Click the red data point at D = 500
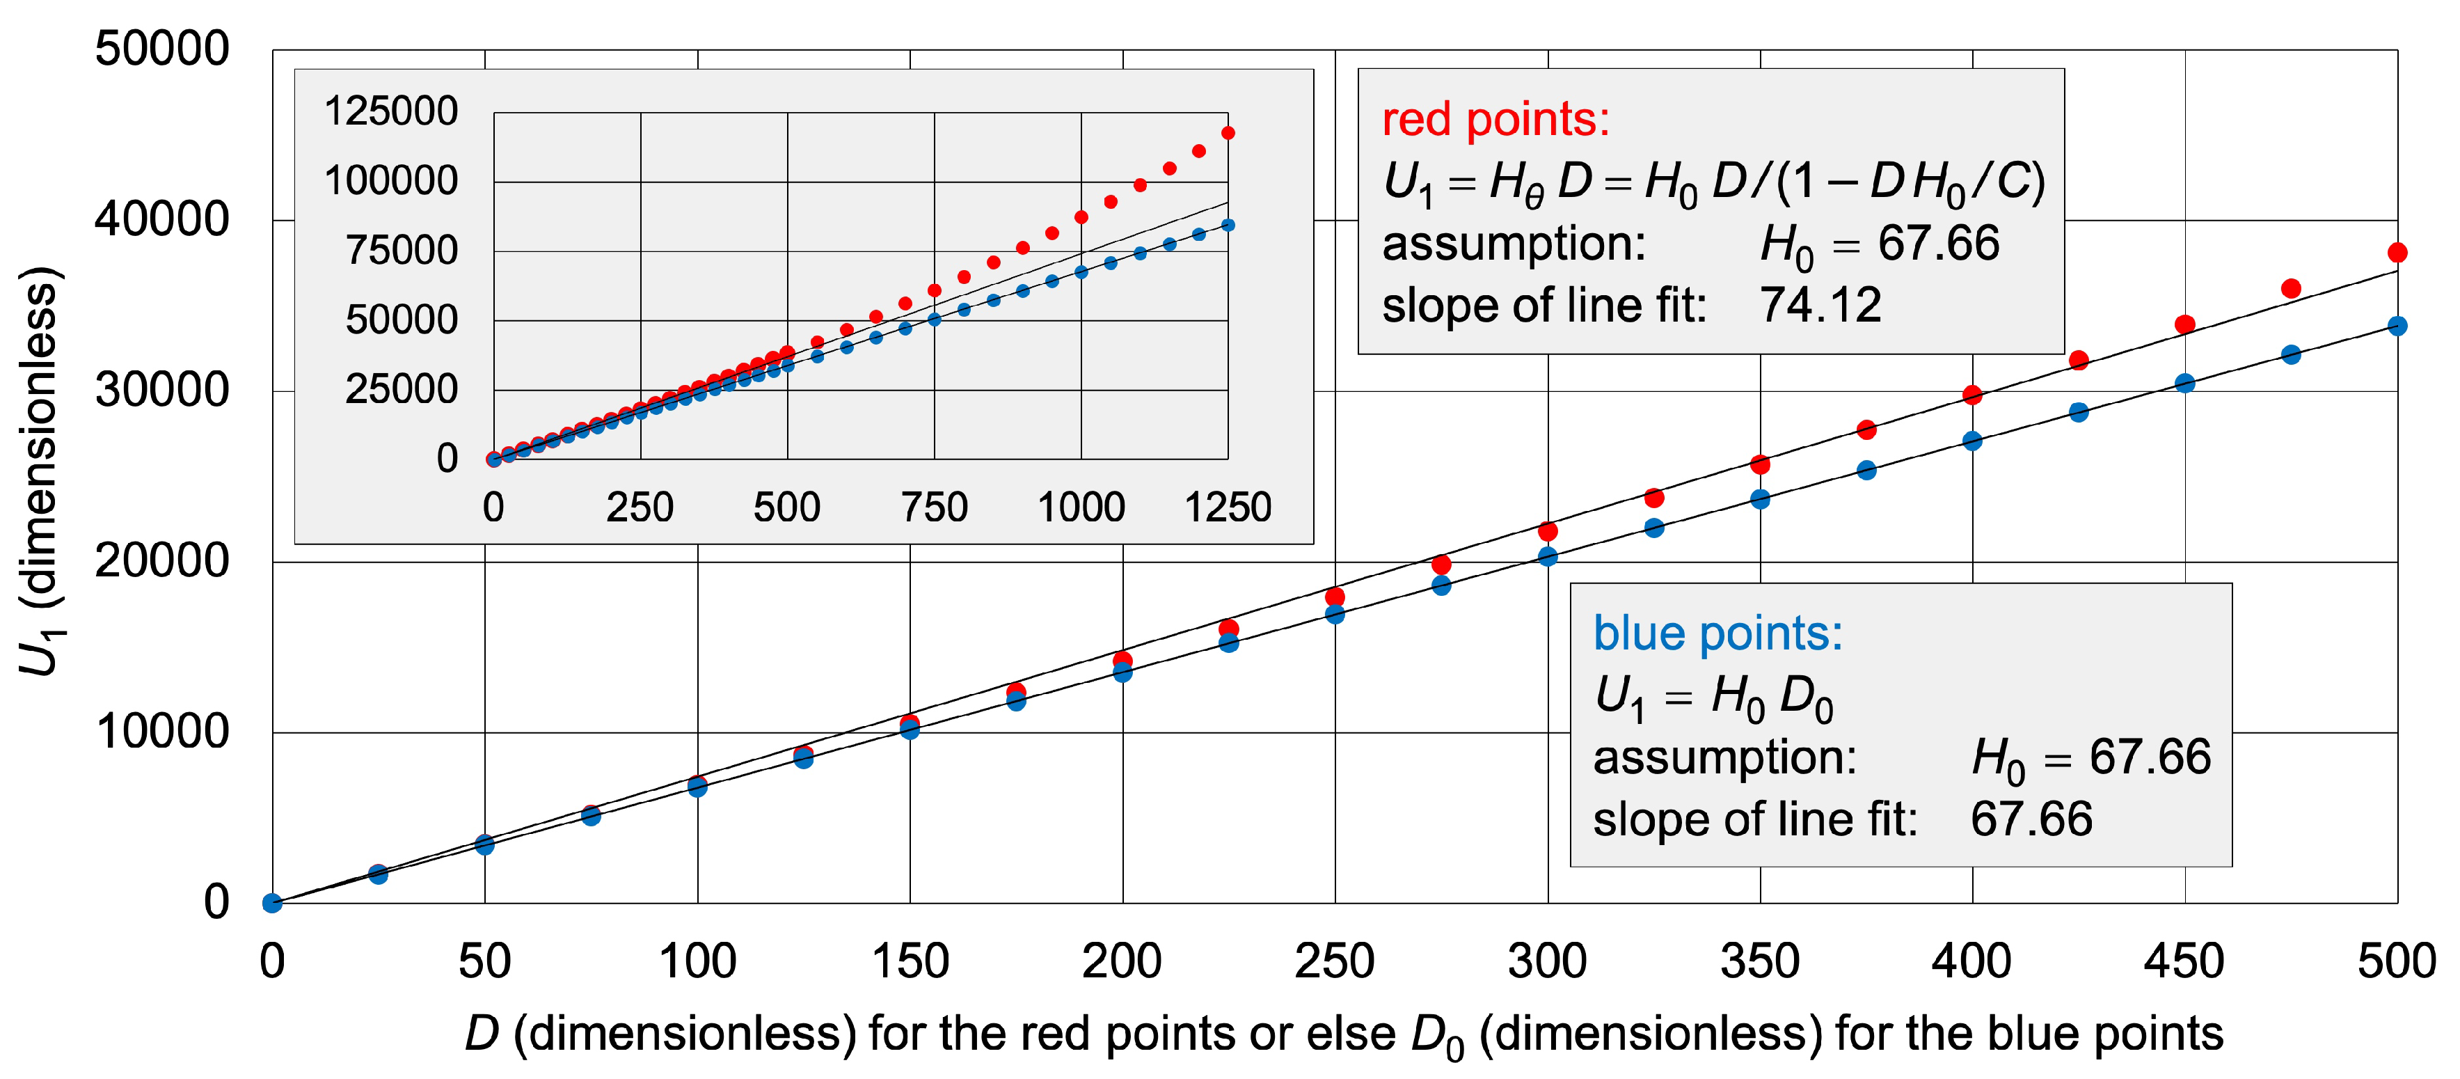coord(2397,253)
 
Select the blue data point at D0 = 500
coord(2397,326)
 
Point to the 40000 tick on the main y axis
coord(162,219)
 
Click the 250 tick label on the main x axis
coord(1334,961)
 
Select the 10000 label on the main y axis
coord(162,732)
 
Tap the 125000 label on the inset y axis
coord(390,111)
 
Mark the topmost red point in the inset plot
coord(1228,133)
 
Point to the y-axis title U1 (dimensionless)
coord(40,473)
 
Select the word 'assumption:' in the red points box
coord(1514,244)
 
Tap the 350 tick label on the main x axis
coord(1759,961)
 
